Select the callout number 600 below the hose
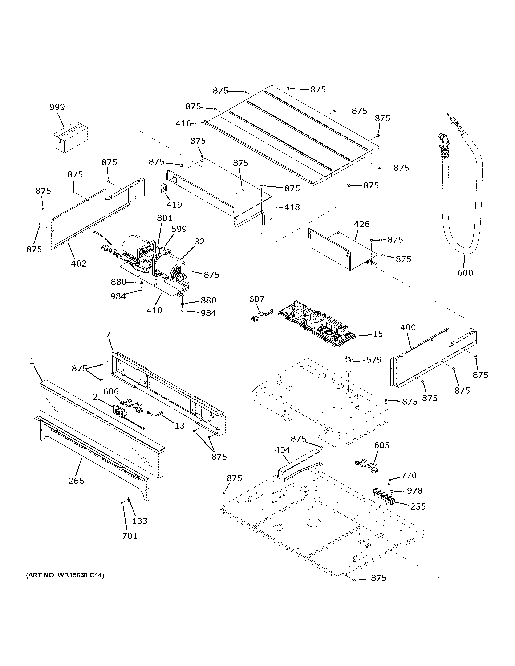[465, 272]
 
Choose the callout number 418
[292, 207]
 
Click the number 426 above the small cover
[362, 224]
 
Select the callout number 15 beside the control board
[378, 334]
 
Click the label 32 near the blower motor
[199, 242]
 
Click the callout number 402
[78, 263]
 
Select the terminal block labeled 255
[383, 499]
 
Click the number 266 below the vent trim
[76, 481]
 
